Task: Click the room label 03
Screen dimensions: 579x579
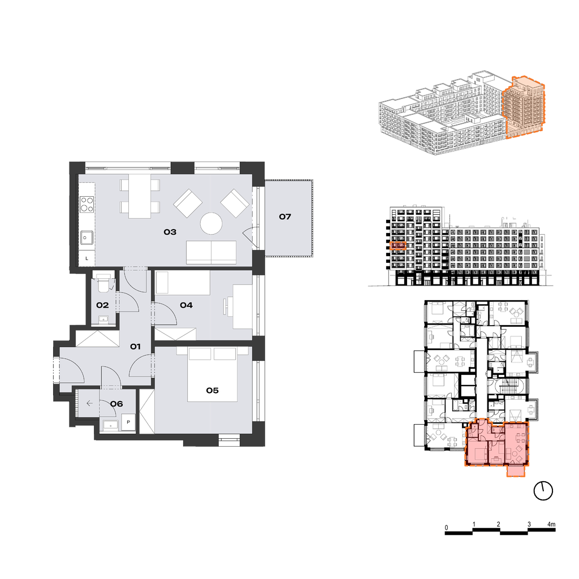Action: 170,232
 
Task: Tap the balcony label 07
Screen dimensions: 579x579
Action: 285,217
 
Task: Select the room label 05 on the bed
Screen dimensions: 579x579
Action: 213,390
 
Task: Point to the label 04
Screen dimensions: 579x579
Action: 186,305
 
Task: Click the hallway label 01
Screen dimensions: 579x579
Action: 135,347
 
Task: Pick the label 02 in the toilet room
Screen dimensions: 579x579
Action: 102,305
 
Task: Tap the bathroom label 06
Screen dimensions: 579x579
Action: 116,404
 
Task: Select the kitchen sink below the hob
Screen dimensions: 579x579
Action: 87,237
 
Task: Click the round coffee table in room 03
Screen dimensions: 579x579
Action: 211,223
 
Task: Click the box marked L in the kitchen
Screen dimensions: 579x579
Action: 87,258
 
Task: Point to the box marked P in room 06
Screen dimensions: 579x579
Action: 128,422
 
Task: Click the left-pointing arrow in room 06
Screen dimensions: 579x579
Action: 89,403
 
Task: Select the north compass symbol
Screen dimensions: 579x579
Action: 543,491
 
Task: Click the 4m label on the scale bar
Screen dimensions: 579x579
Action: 551,524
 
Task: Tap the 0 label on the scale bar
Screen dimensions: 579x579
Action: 446,528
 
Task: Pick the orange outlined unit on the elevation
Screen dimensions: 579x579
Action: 398,245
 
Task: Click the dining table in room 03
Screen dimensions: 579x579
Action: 140,196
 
